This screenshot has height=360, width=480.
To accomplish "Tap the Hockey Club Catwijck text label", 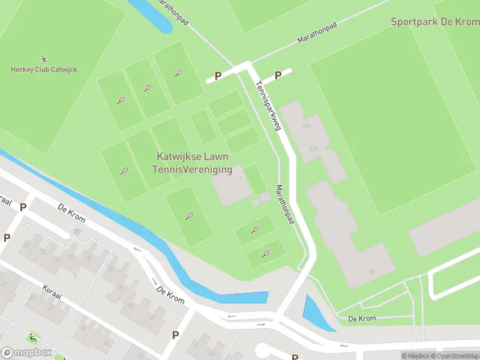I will [x=44, y=70].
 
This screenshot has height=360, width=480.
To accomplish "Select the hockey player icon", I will [x=44, y=59].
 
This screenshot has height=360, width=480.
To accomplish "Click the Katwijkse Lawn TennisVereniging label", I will [x=192, y=163].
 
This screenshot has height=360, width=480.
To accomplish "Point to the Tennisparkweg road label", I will [x=268, y=105].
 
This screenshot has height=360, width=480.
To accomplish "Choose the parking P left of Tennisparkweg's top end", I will [x=218, y=76].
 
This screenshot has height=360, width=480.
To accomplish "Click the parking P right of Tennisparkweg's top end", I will [x=278, y=75].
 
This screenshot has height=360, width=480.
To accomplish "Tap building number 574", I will [x=307, y=126].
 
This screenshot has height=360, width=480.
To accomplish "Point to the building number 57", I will [x=372, y=272].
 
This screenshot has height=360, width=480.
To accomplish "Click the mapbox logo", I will [x=26, y=353].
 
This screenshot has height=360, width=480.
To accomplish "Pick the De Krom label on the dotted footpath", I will [x=363, y=318].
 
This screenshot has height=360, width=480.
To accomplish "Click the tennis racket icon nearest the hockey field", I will [x=121, y=100].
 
